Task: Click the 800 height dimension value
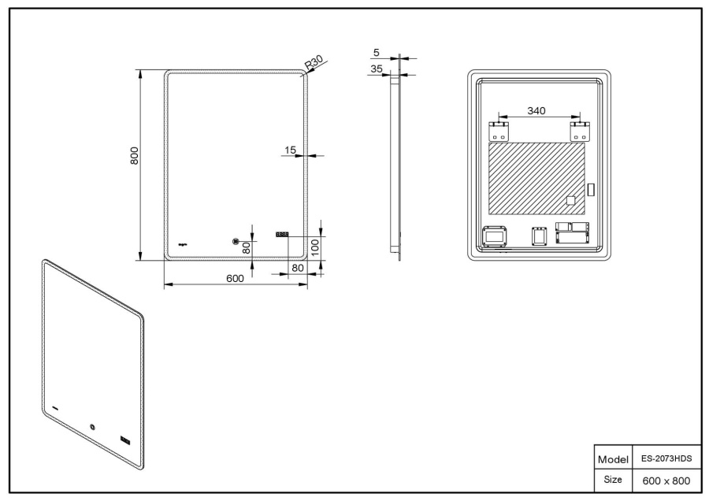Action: pos(135,155)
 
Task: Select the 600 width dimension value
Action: pos(236,278)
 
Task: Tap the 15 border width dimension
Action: pos(291,149)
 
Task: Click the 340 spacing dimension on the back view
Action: pos(536,111)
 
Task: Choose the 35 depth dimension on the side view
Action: pos(376,69)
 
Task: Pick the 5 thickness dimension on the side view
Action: pos(377,53)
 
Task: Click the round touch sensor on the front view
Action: pos(235,242)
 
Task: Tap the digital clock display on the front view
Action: pos(281,234)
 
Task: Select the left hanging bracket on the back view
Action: pos(499,131)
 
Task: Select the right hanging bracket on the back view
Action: pos(579,131)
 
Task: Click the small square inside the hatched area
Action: pos(571,201)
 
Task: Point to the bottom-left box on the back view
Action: pos(495,236)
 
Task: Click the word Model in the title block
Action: pos(612,459)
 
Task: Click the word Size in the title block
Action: pos(612,479)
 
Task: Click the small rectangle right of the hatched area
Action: pos(591,190)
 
